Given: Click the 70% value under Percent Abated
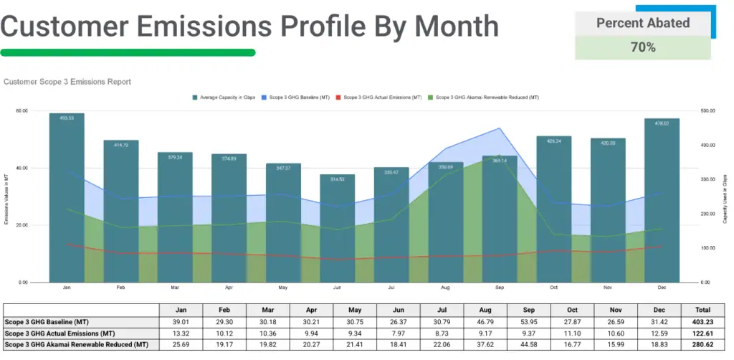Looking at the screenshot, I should [643, 47].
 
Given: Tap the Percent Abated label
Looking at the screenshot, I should [643, 23].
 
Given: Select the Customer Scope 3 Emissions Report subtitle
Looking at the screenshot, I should [67, 82].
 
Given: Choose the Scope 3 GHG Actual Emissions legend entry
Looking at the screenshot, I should [379, 97].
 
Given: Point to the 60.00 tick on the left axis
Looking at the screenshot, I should [22, 111].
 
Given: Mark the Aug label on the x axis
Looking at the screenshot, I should [445, 288].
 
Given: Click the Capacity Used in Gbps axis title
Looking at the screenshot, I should [725, 197].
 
